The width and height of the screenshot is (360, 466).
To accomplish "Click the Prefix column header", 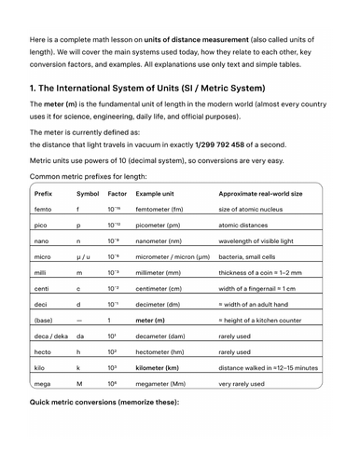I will (44, 193).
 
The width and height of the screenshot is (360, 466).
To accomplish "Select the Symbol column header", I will (88, 193).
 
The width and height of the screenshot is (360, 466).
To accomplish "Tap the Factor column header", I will (118, 193).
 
